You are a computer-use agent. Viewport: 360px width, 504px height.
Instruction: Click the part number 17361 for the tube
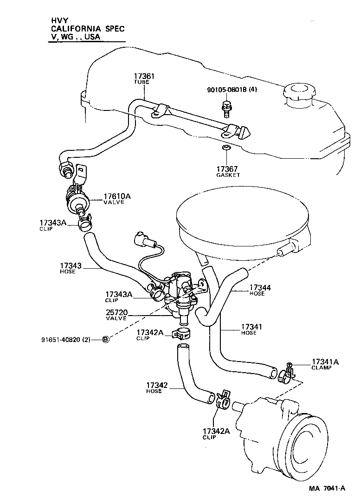pos(144,76)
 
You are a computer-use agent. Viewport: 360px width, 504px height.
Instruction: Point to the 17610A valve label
pos(117,196)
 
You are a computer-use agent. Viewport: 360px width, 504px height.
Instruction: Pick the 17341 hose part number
pos(251,327)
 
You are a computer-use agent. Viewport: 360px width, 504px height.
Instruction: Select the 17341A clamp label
pos(325,362)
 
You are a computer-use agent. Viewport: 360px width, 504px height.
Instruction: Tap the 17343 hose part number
pos(71,266)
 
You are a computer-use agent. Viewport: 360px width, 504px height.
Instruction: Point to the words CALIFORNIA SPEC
pos(88,28)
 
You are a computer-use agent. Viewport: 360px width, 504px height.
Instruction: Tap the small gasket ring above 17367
pos(226,148)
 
